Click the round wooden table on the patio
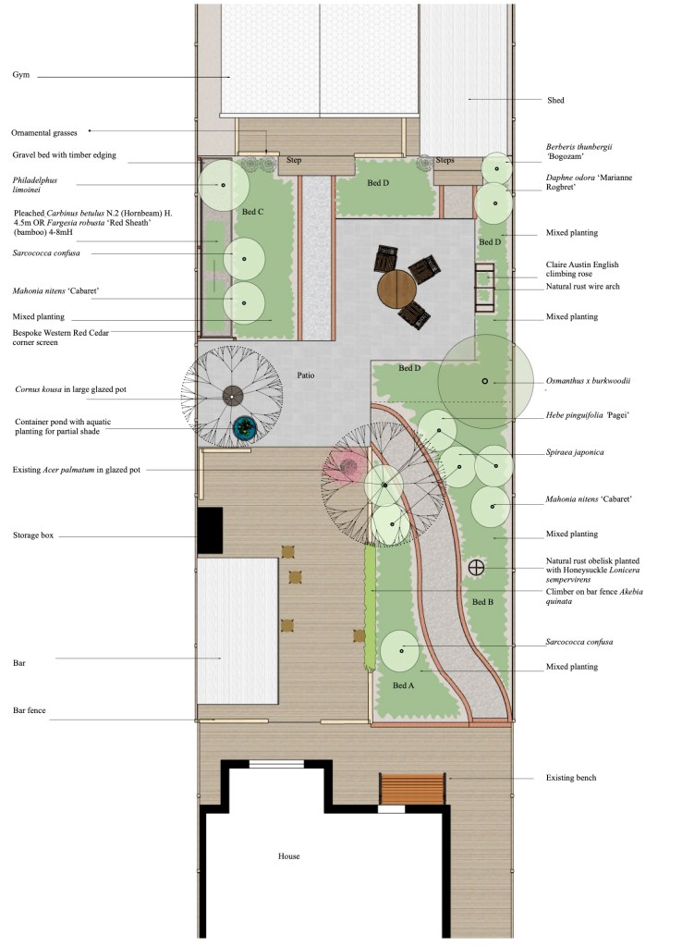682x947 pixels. (397, 289)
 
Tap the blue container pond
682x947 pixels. (245, 428)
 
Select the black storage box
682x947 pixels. (210, 530)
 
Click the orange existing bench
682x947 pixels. (412, 790)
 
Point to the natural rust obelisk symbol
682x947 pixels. (476, 567)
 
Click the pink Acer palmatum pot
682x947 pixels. (348, 466)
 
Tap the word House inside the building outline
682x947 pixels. (289, 855)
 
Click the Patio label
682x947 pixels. (305, 375)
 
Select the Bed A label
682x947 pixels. (403, 685)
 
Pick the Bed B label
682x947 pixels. (482, 601)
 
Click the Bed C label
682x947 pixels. (253, 212)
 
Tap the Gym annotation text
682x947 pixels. (21, 75)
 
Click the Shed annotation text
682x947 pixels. (555, 100)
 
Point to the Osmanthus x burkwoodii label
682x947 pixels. (589, 381)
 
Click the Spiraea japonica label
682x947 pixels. (575, 452)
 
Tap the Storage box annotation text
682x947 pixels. (33, 535)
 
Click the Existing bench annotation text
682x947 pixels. (571, 778)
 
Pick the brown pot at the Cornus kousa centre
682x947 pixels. (232, 396)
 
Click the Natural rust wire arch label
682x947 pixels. (583, 287)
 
